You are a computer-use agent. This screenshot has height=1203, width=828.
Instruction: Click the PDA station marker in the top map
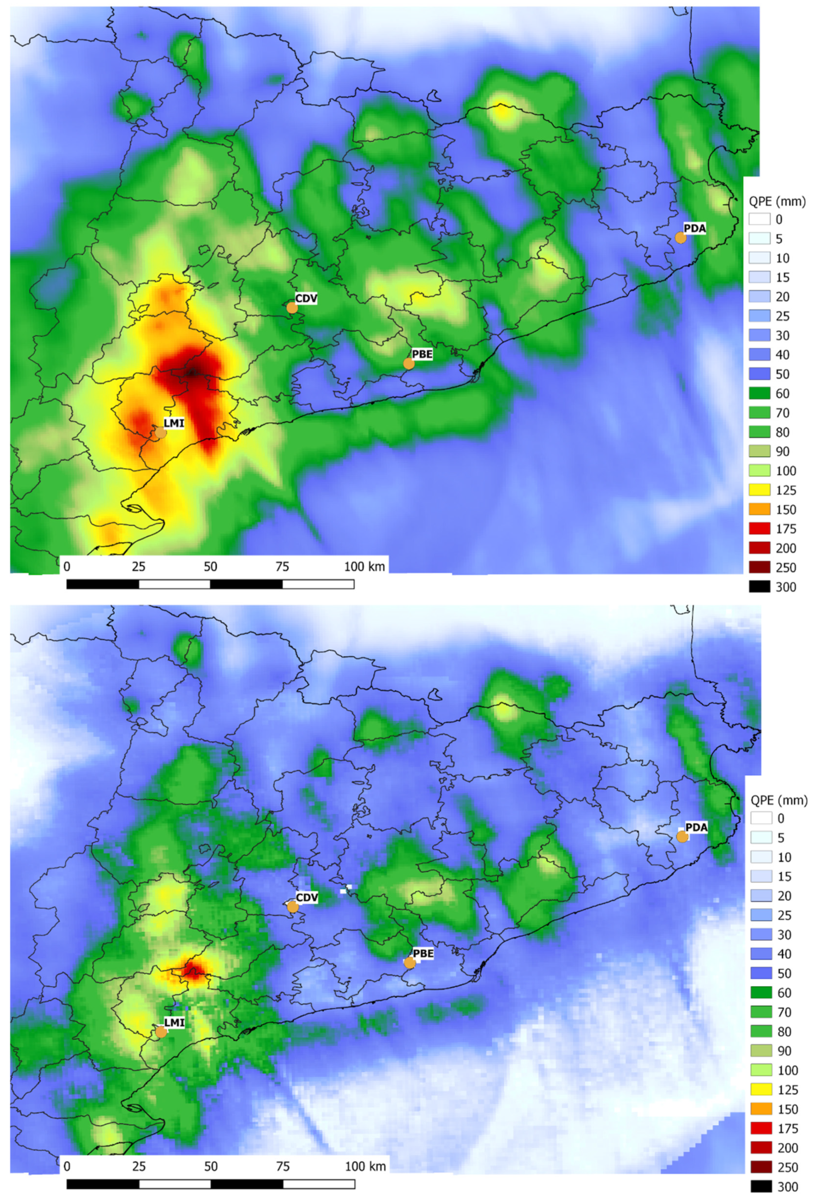coord(680,238)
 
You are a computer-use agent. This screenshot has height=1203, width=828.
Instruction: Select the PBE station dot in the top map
coord(409,363)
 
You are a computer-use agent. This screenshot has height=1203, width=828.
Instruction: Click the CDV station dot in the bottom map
coord(293,907)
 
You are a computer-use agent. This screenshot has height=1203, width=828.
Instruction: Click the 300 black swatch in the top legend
coord(759,587)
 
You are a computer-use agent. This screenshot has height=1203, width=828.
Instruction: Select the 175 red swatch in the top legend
coord(759,529)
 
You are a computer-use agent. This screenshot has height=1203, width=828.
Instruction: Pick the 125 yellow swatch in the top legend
coord(759,490)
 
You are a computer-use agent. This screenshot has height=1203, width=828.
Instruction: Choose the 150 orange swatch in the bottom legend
coord(760,1109)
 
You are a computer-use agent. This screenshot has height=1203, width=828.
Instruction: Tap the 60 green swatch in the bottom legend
coord(760,993)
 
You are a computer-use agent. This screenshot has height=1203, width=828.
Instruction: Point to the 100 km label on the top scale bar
coord(365,566)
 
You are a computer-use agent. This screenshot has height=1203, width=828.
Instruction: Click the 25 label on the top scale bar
coord(139,566)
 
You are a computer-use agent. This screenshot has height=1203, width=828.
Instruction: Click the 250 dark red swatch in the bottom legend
coord(760,1167)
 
